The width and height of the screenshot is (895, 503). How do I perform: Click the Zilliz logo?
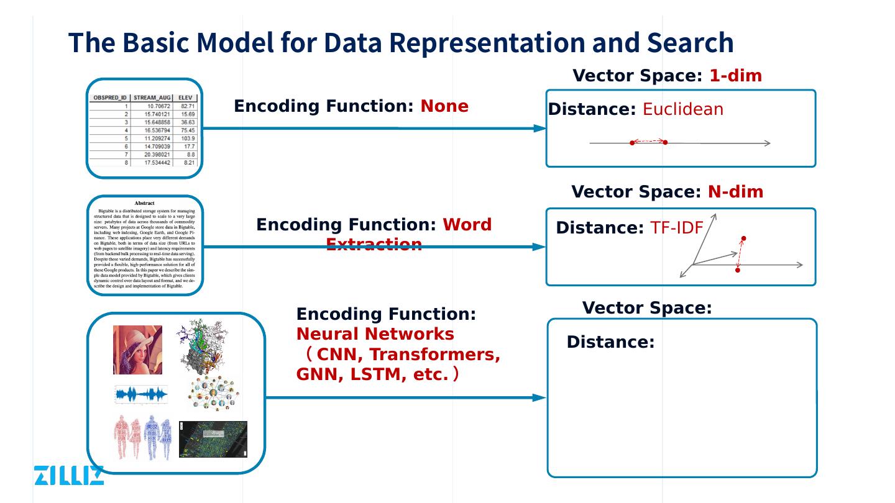[x=68, y=475]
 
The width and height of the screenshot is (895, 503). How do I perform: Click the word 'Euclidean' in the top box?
[x=682, y=110]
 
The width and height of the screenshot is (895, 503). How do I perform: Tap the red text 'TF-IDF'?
[x=676, y=229]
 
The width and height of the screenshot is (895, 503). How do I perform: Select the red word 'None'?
[x=444, y=106]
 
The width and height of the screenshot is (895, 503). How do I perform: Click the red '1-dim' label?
[x=735, y=76]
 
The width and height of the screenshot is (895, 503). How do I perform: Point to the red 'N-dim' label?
[x=735, y=192]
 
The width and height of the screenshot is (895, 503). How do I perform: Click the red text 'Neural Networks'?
[x=375, y=334]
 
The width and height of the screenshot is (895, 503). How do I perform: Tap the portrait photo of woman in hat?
[x=137, y=350]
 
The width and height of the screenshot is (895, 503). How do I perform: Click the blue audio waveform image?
[x=142, y=394]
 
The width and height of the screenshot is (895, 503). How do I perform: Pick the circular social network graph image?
[x=214, y=394]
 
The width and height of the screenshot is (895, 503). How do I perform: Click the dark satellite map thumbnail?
[x=213, y=439]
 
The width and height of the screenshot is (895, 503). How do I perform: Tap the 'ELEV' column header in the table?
[x=185, y=98]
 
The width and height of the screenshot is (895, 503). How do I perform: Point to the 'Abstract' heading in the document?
[x=145, y=203]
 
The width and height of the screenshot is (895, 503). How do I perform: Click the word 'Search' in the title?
[x=690, y=43]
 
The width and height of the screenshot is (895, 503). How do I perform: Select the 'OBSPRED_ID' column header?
[x=109, y=98]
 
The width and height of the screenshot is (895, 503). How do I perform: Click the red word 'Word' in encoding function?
[x=467, y=225]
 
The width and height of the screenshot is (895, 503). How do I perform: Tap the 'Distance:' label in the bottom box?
[x=610, y=342]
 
